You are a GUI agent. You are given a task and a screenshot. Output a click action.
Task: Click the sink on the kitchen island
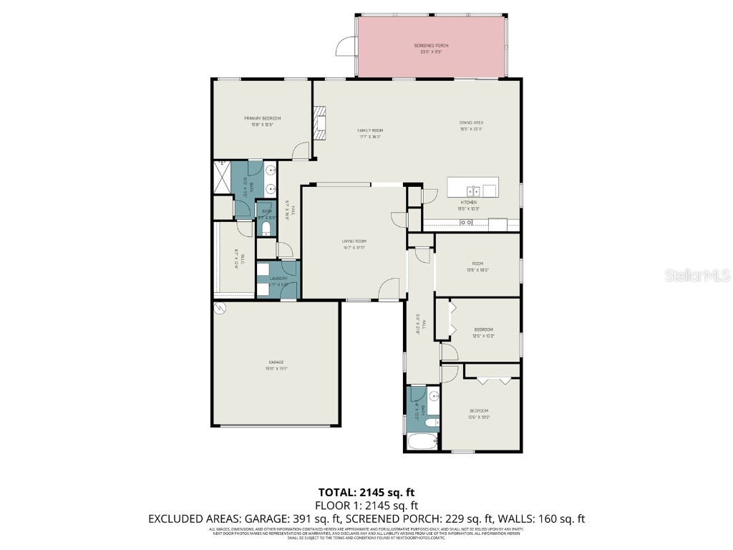[x=472, y=190]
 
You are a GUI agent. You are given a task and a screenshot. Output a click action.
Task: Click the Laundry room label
[x=278, y=281]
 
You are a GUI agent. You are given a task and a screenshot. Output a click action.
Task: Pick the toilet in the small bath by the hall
[x=266, y=228]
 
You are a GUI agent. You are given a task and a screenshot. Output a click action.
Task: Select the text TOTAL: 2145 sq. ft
[x=366, y=492]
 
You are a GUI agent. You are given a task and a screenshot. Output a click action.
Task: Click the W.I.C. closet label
[x=241, y=259]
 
